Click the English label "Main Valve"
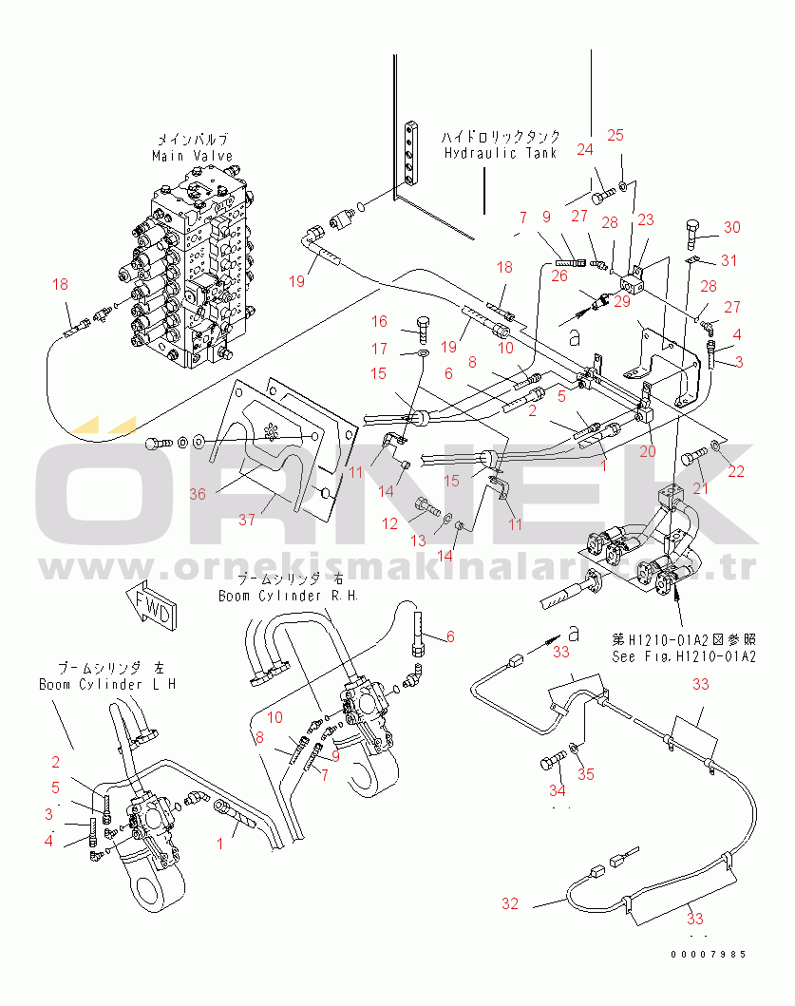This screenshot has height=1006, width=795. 192,156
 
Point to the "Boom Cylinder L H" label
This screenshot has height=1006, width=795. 106,684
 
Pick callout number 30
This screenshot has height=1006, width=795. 731,227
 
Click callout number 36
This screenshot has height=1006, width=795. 197,494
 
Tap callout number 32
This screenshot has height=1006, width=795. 510,903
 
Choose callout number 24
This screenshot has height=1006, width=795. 585,149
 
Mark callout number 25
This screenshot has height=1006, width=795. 615,135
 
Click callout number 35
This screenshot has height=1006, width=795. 586,774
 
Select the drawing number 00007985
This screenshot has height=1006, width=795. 709,954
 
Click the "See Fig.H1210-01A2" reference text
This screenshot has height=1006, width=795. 685,656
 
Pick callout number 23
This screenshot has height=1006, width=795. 646,220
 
